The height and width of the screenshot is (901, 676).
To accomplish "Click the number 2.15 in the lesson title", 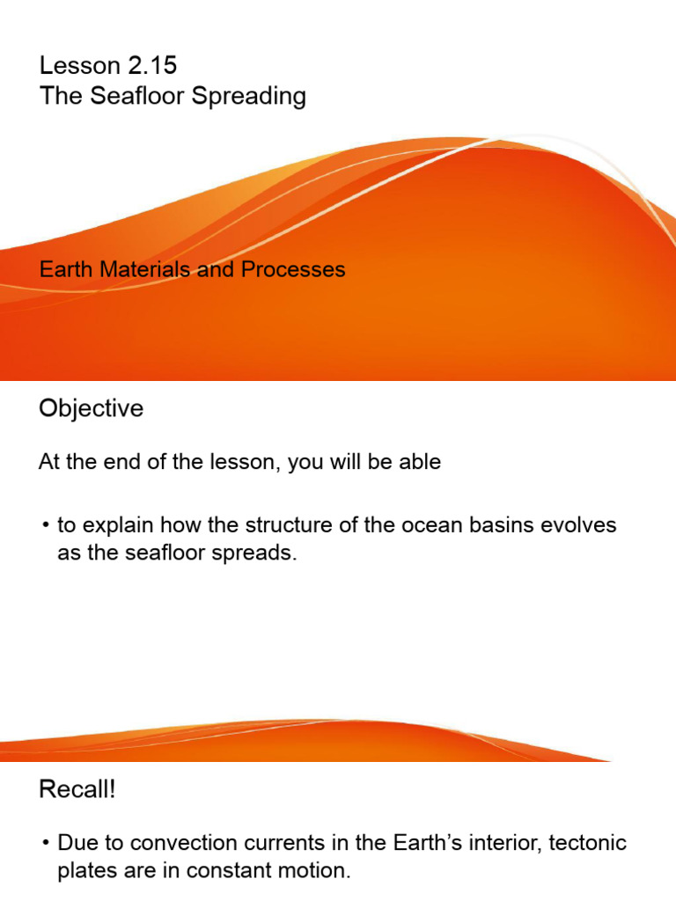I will pos(153,65).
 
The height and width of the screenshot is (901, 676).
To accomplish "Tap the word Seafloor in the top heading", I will pos(129,96).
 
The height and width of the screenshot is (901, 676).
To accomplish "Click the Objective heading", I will pos(91,409).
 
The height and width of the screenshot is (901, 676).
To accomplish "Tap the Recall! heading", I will pos(77,790).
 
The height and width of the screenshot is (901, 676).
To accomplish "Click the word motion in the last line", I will pos(318,872).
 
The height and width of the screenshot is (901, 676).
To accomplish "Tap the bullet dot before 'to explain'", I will pos(45,527).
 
